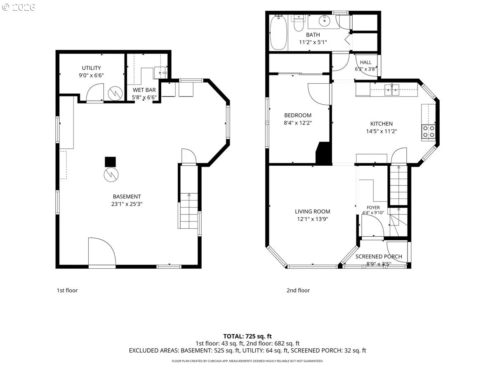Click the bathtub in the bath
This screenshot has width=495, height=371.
[x=278, y=33]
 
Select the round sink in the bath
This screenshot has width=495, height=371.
[x=325, y=21]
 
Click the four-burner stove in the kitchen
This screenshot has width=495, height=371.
[x=429, y=131]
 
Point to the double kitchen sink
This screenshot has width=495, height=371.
[x=392, y=90]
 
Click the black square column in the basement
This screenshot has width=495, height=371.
[x=110, y=162]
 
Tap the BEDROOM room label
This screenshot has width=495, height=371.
[x=298, y=115]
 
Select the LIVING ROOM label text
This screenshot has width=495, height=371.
[x=312, y=211]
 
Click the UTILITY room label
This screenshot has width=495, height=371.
[x=91, y=68]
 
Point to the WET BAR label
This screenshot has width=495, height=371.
[x=144, y=90]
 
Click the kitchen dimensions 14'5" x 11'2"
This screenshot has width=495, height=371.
[x=381, y=131]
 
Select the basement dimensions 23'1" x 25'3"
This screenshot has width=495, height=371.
[x=127, y=204]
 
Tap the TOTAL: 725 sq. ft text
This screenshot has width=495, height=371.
[x=247, y=336]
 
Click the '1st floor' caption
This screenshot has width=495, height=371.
[x=67, y=290]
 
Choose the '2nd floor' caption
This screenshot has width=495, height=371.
[x=298, y=290]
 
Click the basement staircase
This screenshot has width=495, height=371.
[x=189, y=211]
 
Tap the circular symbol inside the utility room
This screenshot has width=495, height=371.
[x=115, y=93]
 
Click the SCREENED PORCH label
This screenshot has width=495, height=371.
[x=379, y=256]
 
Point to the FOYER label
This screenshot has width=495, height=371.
[x=373, y=207]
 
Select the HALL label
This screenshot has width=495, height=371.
[x=365, y=62]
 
